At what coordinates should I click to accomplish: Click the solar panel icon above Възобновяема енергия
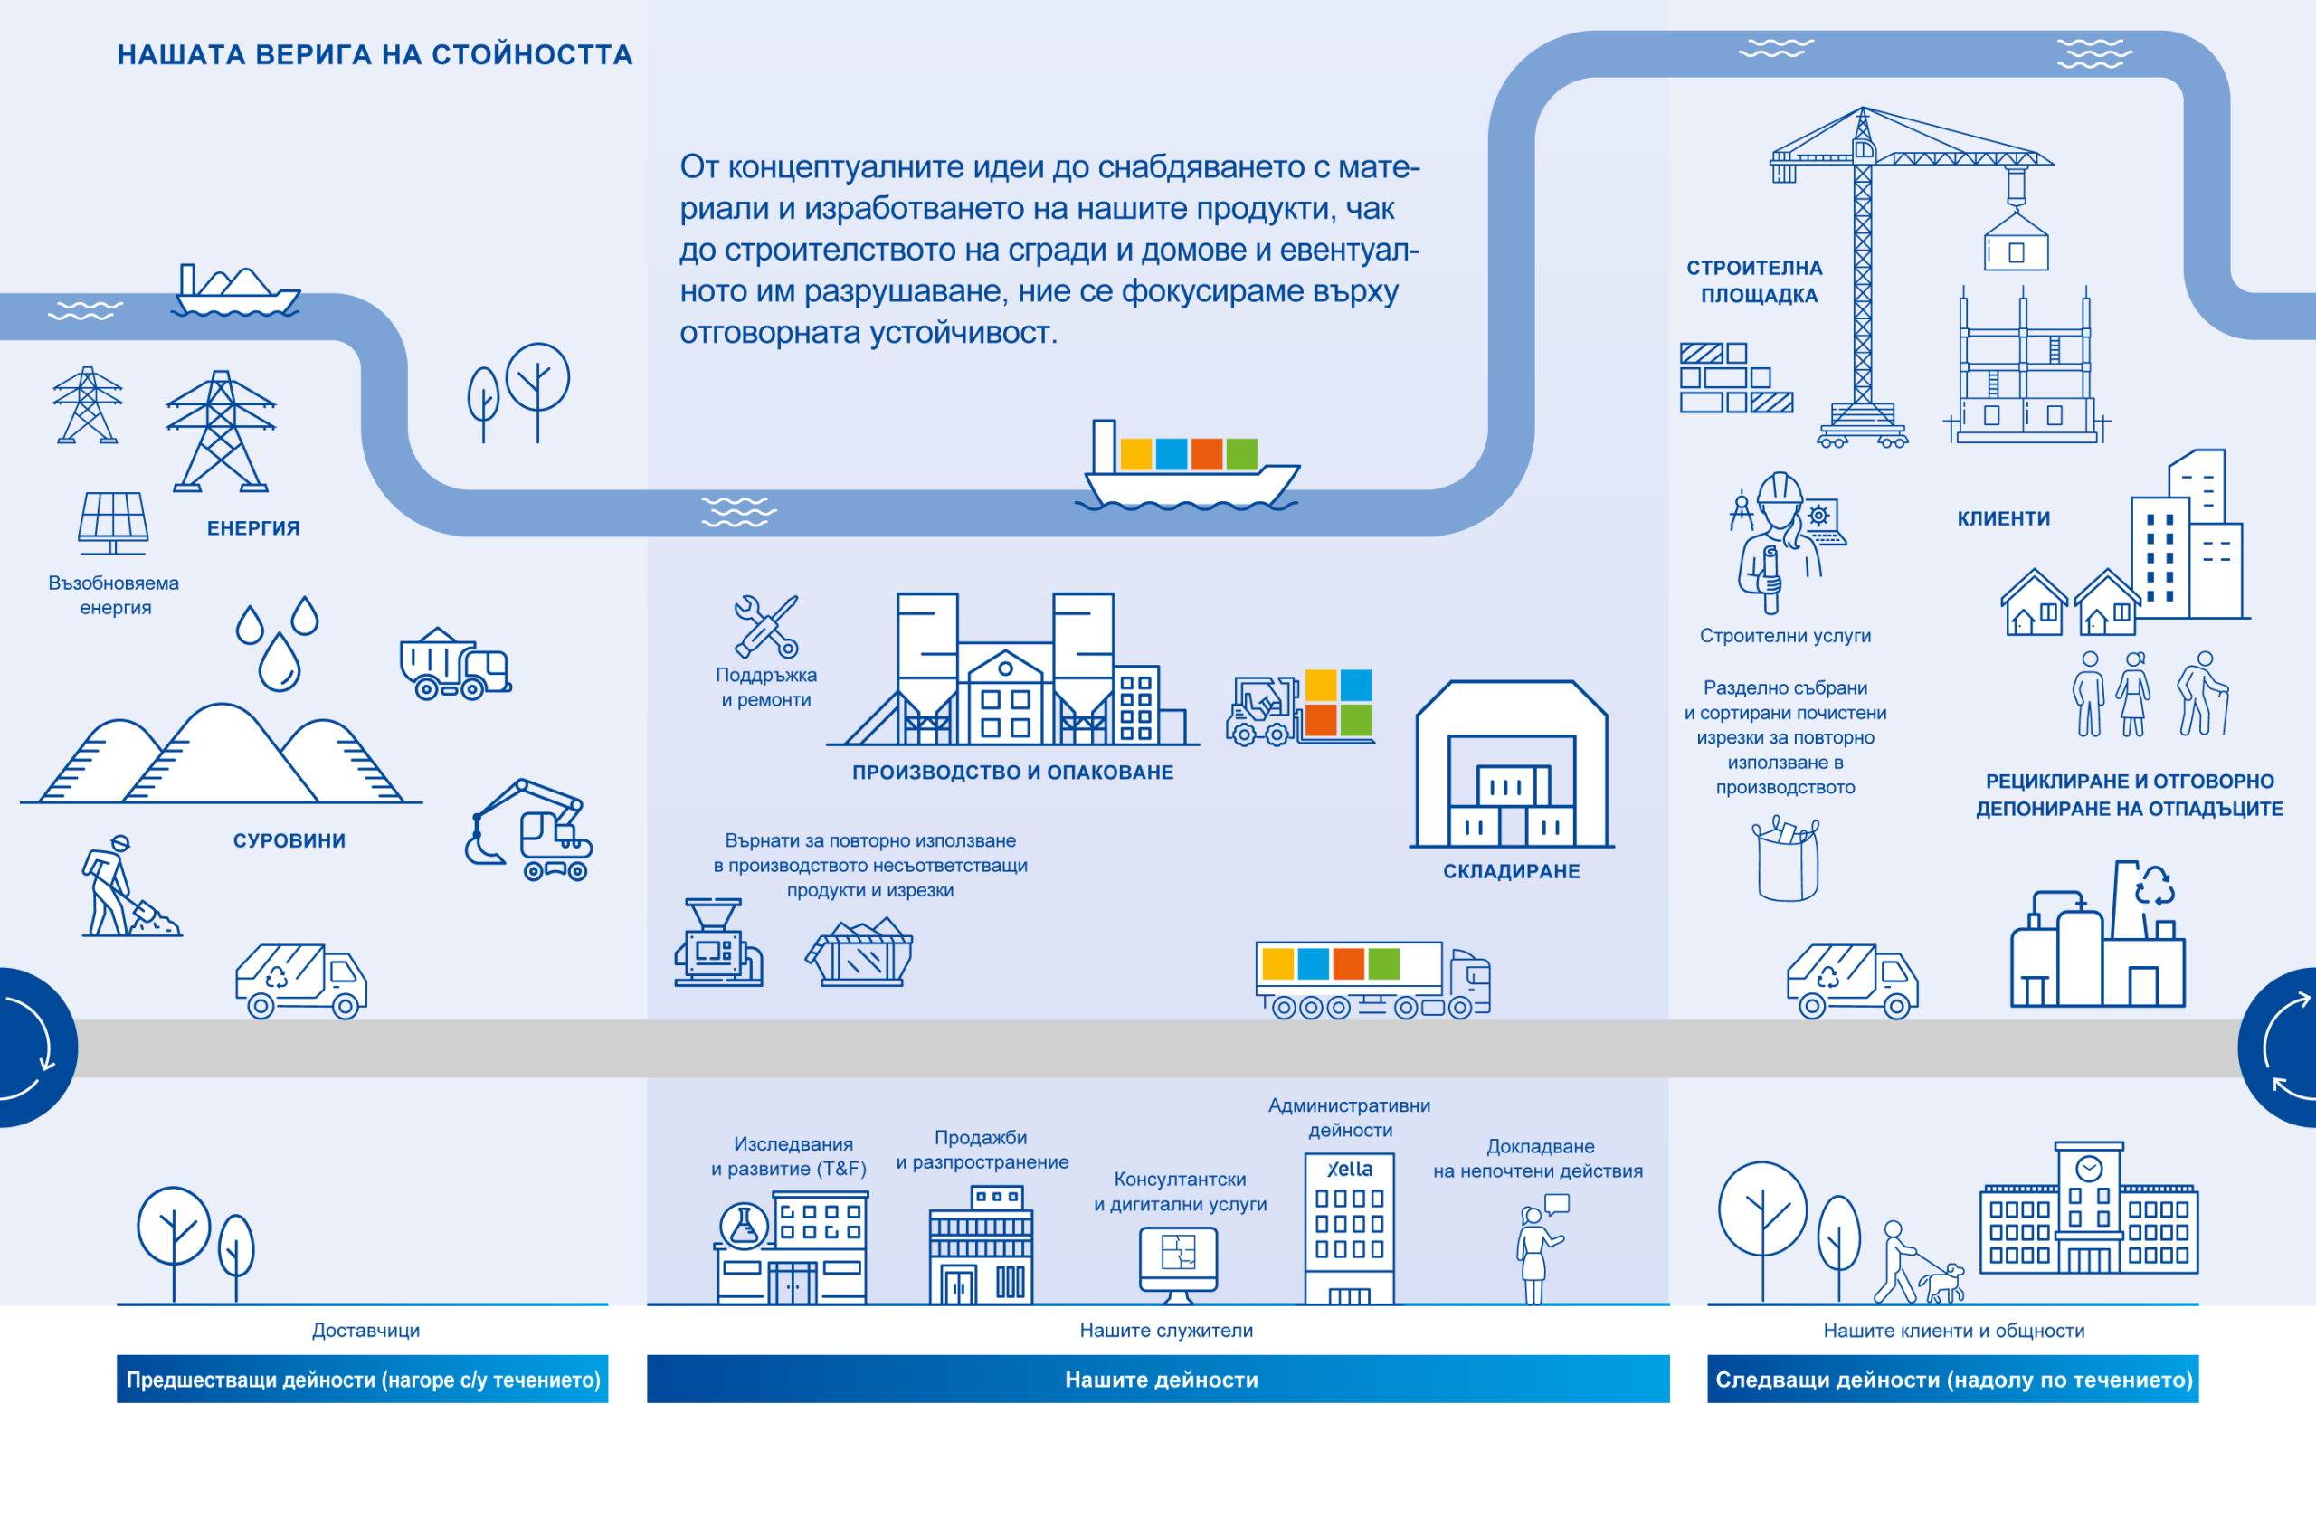click(x=113, y=520)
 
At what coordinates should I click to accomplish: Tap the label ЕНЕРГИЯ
click(x=253, y=528)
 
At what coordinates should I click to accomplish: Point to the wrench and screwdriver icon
click(x=766, y=627)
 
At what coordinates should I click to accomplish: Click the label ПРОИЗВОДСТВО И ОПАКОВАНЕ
click(x=1012, y=773)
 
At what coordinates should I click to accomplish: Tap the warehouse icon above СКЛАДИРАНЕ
click(x=1510, y=764)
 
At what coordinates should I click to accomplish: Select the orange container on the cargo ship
click(x=1207, y=454)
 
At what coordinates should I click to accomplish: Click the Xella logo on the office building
click(x=1350, y=1170)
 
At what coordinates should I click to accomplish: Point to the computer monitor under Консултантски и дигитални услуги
click(x=1178, y=1259)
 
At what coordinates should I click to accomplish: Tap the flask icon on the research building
click(x=744, y=1226)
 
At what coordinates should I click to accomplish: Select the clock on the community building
click(x=2089, y=1168)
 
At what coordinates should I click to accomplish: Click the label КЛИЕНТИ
click(x=2004, y=519)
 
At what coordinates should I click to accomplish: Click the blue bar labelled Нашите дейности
click(x=1158, y=1379)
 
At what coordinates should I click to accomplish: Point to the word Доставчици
click(x=365, y=1330)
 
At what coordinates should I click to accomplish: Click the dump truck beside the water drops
click(x=454, y=665)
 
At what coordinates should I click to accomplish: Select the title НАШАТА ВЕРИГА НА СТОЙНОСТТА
click(x=375, y=55)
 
